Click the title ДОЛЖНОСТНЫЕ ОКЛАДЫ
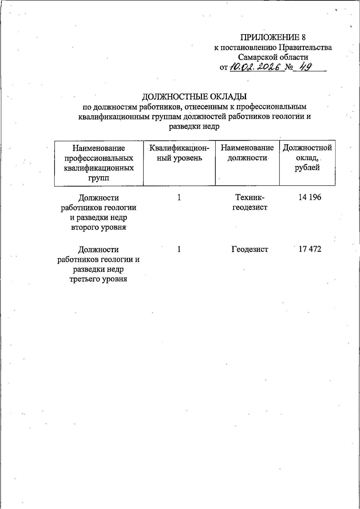coord(194,97)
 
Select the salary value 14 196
coord(310,197)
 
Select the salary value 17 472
coord(310,249)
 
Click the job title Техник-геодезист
coord(250,202)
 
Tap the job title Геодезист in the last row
coord(250,249)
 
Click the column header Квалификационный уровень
coord(179,153)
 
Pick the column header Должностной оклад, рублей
coord(307,158)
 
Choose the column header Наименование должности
coord(247,153)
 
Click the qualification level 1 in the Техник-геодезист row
coord(179,197)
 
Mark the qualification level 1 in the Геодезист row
coord(179,249)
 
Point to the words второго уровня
coord(98,227)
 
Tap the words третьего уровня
coord(98,279)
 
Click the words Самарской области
coord(273,57)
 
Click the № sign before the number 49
coord(289,67)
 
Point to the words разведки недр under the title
coord(194,126)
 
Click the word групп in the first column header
coord(98,178)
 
